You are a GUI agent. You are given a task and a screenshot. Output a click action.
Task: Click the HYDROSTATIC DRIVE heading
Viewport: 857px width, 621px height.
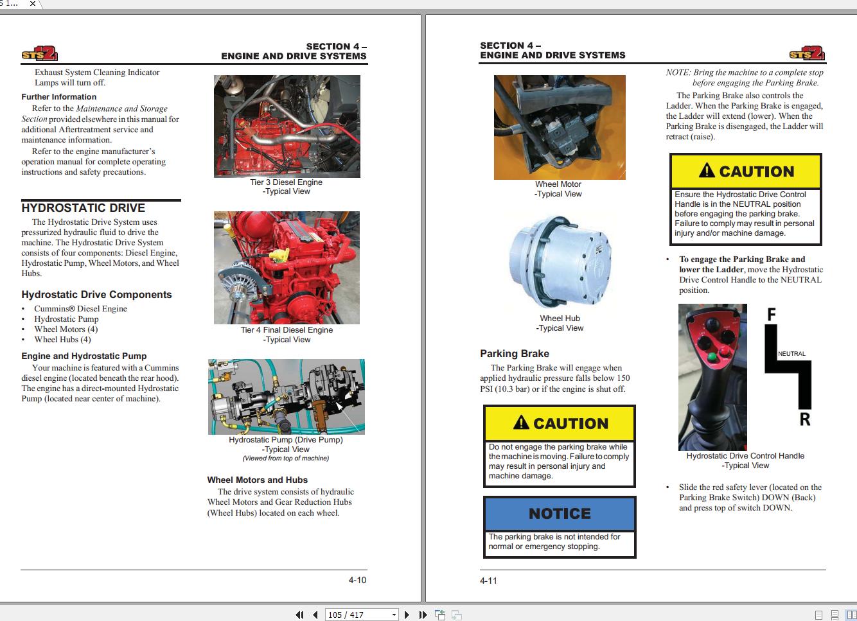(84, 208)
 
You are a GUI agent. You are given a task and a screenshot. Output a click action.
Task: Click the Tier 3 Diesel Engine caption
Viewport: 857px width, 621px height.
(286, 182)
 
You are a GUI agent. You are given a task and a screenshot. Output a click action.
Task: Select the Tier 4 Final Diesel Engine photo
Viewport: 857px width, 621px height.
(287, 268)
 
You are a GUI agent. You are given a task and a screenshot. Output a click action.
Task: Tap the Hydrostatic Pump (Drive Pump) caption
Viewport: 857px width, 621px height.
(286, 440)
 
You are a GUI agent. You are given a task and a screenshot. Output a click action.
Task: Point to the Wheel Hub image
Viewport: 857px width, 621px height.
(560, 260)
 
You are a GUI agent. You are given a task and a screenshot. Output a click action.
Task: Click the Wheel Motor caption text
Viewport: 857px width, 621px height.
(558, 184)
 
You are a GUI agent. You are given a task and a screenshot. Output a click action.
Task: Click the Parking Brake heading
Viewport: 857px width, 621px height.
(515, 354)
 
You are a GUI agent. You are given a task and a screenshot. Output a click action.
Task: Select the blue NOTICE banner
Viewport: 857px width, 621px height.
(560, 514)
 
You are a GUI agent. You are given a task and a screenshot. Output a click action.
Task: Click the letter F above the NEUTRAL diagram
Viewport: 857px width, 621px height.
(772, 315)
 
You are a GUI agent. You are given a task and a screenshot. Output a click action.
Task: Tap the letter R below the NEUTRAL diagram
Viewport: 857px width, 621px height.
(804, 420)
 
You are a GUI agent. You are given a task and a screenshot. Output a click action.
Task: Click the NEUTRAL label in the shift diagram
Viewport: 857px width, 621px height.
(791, 354)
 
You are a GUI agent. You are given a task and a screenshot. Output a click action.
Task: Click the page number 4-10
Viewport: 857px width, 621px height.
(357, 580)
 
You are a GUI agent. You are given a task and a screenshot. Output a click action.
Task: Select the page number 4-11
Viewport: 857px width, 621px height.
(488, 581)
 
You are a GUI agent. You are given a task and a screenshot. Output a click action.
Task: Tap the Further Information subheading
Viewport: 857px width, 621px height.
(59, 97)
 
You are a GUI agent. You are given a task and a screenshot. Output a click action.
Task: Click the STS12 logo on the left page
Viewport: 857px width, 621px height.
(39, 54)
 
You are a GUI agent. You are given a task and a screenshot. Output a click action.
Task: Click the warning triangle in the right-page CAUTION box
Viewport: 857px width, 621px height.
(707, 171)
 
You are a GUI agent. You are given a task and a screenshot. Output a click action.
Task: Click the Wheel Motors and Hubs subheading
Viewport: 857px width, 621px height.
(257, 480)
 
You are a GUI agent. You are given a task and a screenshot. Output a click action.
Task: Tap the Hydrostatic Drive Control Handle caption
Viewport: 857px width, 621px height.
(745, 456)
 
